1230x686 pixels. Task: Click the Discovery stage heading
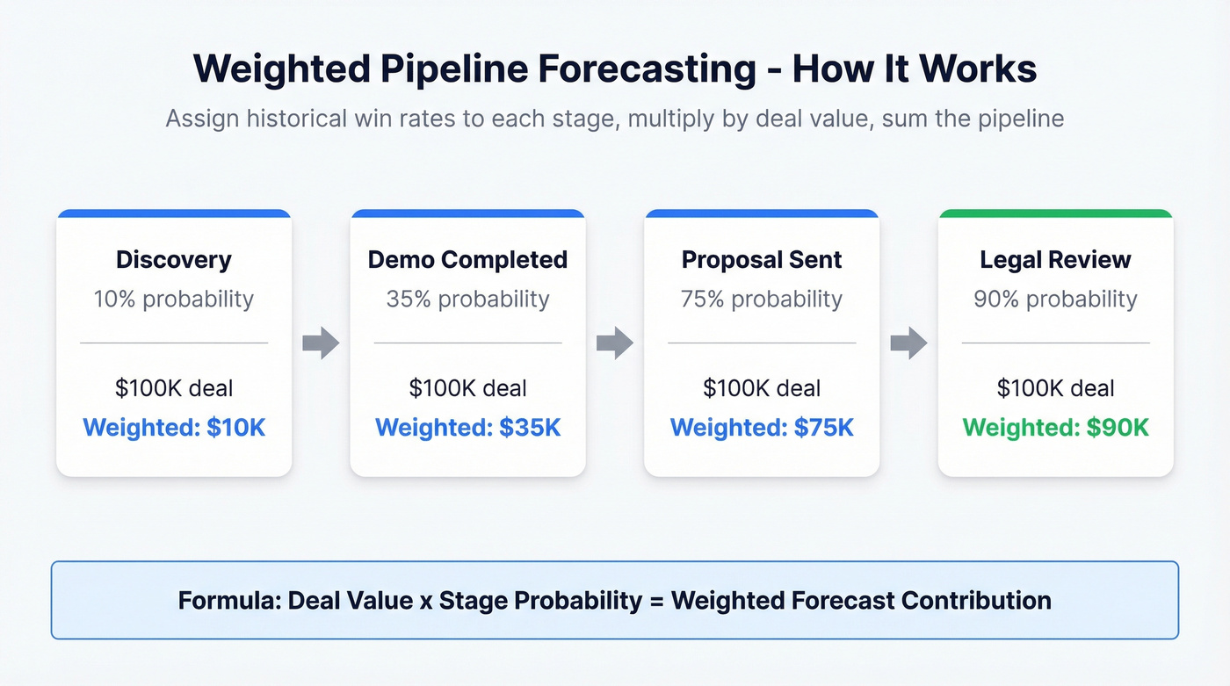coord(174,260)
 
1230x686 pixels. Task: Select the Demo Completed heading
coord(467,260)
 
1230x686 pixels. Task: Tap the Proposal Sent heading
coord(762,260)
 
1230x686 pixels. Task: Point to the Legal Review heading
coord(1055,260)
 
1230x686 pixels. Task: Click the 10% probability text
coord(174,299)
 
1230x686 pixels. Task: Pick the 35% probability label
coord(467,299)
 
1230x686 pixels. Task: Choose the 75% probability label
coord(762,299)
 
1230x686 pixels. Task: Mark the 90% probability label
coord(1055,299)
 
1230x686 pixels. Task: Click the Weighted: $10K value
coord(174,428)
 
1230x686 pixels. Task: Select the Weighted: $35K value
coord(467,428)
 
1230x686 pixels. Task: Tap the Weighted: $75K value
coord(762,428)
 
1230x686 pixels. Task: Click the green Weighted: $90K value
coord(1055,428)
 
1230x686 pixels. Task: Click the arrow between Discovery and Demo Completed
coord(321,343)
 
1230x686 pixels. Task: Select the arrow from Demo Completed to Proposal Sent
coord(615,343)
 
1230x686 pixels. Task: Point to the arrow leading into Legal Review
coord(908,343)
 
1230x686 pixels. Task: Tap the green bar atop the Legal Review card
coord(1055,213)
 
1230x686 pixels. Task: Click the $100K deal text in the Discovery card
coord(174,388)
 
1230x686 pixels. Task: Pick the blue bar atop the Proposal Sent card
coord(762,213)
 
